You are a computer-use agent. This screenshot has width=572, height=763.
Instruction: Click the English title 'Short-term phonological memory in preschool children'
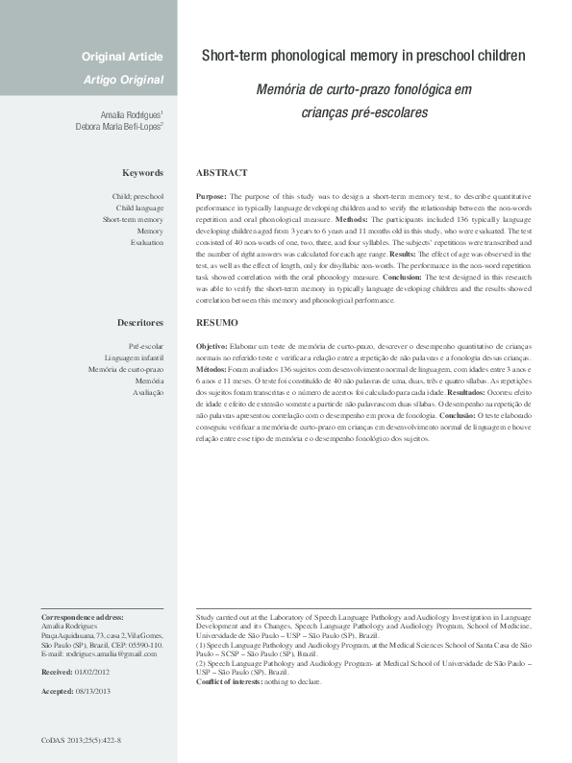coord(363,57)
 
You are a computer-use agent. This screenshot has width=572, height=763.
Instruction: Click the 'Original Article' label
coord(122,58)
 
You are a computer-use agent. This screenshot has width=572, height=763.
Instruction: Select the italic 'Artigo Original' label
coord(122,79)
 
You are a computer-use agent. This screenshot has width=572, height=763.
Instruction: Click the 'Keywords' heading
coord(142,173)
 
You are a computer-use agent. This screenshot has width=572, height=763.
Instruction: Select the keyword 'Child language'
coord(139,208)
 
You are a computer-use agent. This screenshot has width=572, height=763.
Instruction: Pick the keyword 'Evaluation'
coord(146,242)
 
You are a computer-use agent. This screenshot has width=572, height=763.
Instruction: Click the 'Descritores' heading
coord(140,323)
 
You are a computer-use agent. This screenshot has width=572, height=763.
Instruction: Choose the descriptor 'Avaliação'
coord(147,392)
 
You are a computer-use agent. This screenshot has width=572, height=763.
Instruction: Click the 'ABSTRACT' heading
coord(221,173)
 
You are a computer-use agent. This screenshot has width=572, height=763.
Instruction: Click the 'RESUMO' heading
coord(216,323)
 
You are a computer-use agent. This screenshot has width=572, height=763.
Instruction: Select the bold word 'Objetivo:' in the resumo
coord(212,345)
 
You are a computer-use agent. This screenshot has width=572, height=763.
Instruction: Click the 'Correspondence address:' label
coord(83,615)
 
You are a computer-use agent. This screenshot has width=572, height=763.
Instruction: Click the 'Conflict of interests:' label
coord(232,681)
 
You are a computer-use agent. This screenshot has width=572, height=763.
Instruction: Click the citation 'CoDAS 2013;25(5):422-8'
coord(81,741)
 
